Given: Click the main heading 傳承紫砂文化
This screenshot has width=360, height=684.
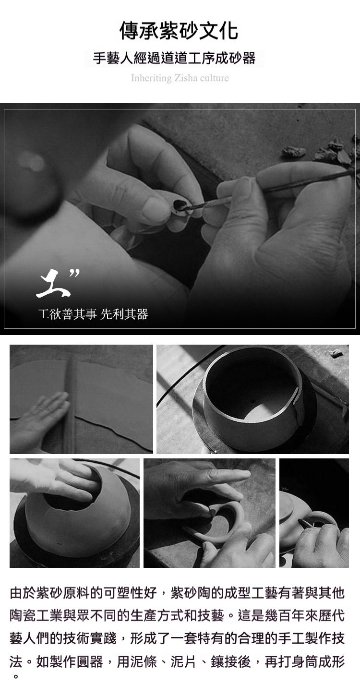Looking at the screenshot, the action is (x=179, y=31).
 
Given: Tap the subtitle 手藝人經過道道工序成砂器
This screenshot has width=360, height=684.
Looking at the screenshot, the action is (x=174, y=58).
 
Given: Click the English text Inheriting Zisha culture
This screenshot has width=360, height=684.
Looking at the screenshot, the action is (x=180, y=78).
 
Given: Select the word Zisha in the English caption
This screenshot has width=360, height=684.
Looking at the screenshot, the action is (x=186, y=78).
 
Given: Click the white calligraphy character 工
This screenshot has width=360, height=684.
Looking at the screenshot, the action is (x=53, y=283).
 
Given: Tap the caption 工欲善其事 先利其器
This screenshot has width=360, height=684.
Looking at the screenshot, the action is (x=93, y=314).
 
